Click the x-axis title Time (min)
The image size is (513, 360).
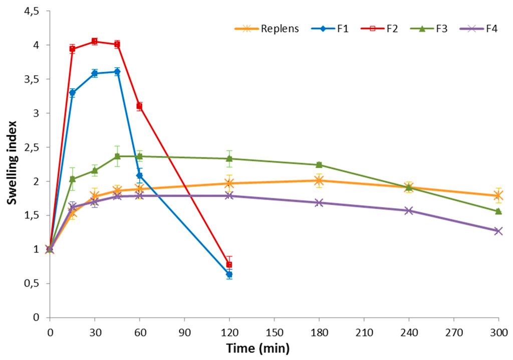(x=258, y=347)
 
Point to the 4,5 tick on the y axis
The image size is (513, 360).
(x=31, y=11)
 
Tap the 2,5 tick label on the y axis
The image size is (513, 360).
(x=31, y=147)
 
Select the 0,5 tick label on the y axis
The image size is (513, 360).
(x=31, y=284)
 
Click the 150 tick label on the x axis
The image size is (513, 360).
(x=274, y=330)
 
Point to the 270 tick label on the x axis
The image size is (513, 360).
(x=454, y=330)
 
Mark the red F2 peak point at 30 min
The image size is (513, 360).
(x=95, y=42)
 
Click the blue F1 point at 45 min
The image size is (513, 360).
(x=117, y=72)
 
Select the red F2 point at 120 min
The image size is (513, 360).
(x=229, y=264)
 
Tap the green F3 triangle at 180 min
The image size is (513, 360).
(x=319, y=164)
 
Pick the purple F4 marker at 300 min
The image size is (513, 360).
(x=498, y=231)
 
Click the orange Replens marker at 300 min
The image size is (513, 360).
(x=498, y=196)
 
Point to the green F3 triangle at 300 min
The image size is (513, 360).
(x=498, y=211)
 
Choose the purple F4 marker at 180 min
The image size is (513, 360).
(x=319, y=203)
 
